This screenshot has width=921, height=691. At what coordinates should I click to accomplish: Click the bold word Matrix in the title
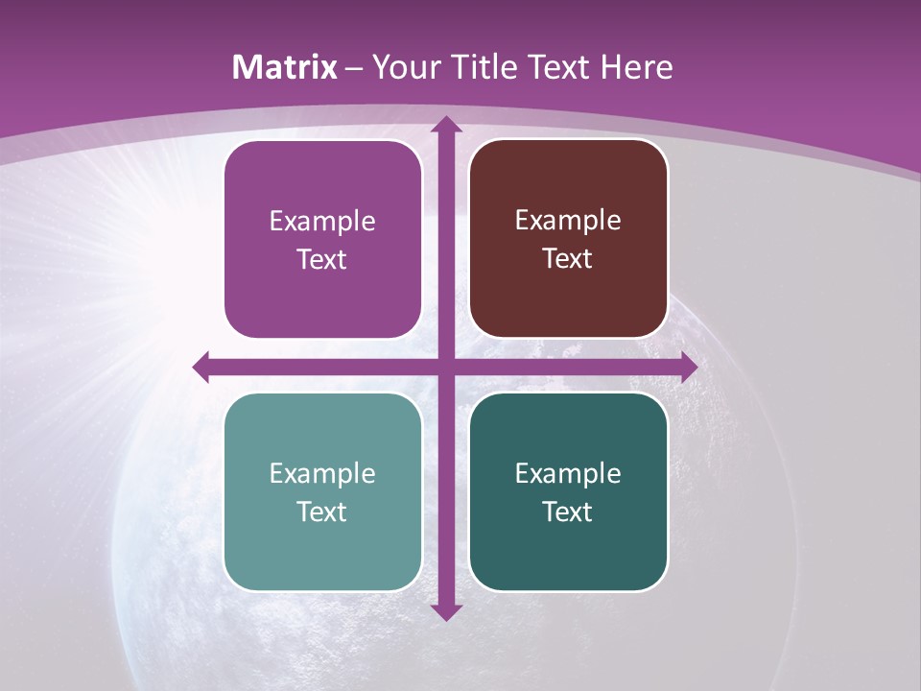285,67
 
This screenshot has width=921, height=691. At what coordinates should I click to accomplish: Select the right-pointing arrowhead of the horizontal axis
688,367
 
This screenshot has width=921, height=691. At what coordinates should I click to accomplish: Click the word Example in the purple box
322,222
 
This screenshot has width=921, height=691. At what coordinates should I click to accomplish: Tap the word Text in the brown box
568,259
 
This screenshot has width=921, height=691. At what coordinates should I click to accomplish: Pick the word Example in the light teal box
322,473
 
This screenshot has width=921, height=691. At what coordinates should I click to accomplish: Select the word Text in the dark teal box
568,512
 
